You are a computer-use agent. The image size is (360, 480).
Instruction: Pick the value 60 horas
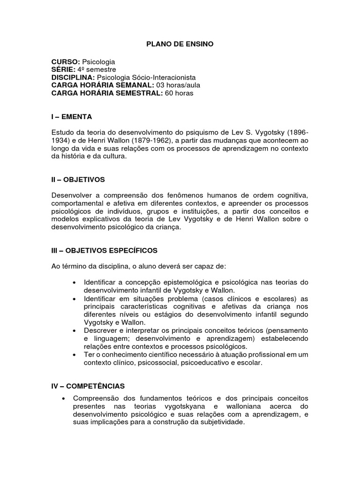click(x=179, y=93)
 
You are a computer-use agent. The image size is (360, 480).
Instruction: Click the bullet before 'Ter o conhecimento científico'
click(x=75, y=355)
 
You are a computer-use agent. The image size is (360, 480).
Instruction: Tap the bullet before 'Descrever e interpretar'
click(x=75, y=330)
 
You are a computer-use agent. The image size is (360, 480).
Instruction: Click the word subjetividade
click(x=220, y=422)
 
